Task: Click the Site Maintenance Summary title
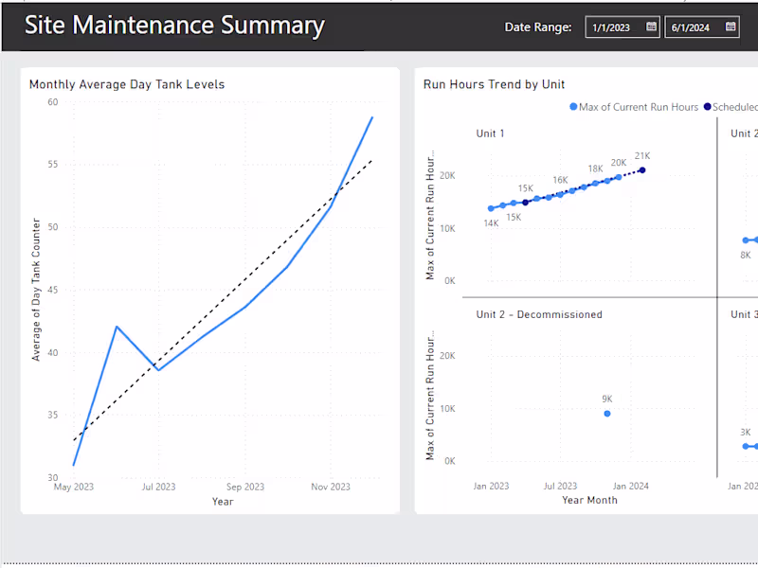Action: click(174, 26)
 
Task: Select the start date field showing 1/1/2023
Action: click(611, 27)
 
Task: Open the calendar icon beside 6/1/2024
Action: click(731, 27)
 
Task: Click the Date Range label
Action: click(537, 27)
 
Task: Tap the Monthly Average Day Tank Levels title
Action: click(127, 84)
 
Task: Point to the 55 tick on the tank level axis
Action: click(52, 165)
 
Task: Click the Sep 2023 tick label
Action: click(244, 487)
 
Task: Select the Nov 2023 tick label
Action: click(330, 487)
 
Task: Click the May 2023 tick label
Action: click(74, 487)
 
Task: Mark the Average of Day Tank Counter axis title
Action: click(37, 290)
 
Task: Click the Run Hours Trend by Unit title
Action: click(494, 84)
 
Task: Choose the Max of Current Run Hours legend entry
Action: click(633, 107)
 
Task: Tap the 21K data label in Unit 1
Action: click(642, 156)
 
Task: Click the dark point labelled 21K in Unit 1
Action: click(642, 170)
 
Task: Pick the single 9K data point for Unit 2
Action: click(607, 414)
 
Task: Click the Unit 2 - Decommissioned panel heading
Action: click(538, 314)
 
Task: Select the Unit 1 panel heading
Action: click(490, 133)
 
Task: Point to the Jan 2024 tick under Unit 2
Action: click(630, 486)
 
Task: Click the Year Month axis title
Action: click(589, 500)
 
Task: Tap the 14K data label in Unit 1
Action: click(491, 223)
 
